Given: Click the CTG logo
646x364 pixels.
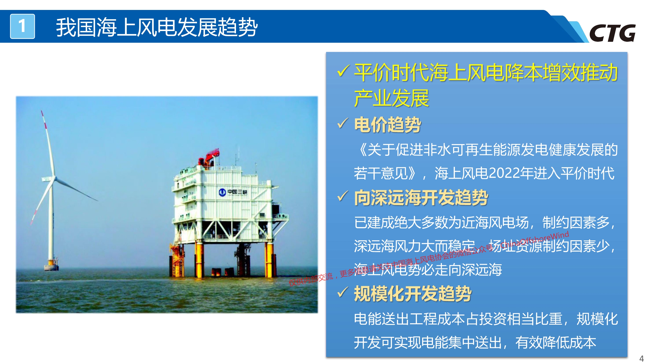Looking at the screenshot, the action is (x=612, y=33).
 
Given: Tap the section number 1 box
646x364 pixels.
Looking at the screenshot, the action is (x=22, y=26).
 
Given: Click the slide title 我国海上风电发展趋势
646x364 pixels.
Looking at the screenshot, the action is (x=157, y=27).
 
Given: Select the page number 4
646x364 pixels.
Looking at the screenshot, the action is (x=641, y=358).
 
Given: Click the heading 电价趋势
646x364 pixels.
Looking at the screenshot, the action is (x=387, y=124).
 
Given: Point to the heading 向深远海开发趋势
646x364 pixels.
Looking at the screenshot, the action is (x=421, y=198).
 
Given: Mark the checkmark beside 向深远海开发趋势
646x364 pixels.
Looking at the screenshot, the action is (x=343, y=196).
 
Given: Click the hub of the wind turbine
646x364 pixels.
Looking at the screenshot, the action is (x=53, y=179).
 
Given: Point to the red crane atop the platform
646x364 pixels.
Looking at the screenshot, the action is (x=209, y=156).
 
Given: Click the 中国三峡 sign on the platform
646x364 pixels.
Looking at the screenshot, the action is (x=233, y=192).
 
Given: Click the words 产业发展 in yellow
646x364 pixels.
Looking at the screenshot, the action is (x=392, y=98).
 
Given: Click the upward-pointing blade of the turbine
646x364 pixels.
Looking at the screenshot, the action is (x=48, y=143).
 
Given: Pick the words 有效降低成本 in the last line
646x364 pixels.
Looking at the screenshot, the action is (x=556, y=342).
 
